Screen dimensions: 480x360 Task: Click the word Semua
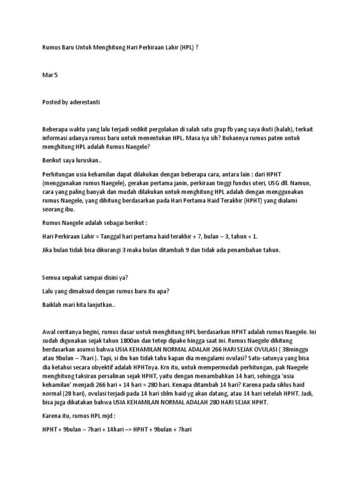click(x=52, y=277)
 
